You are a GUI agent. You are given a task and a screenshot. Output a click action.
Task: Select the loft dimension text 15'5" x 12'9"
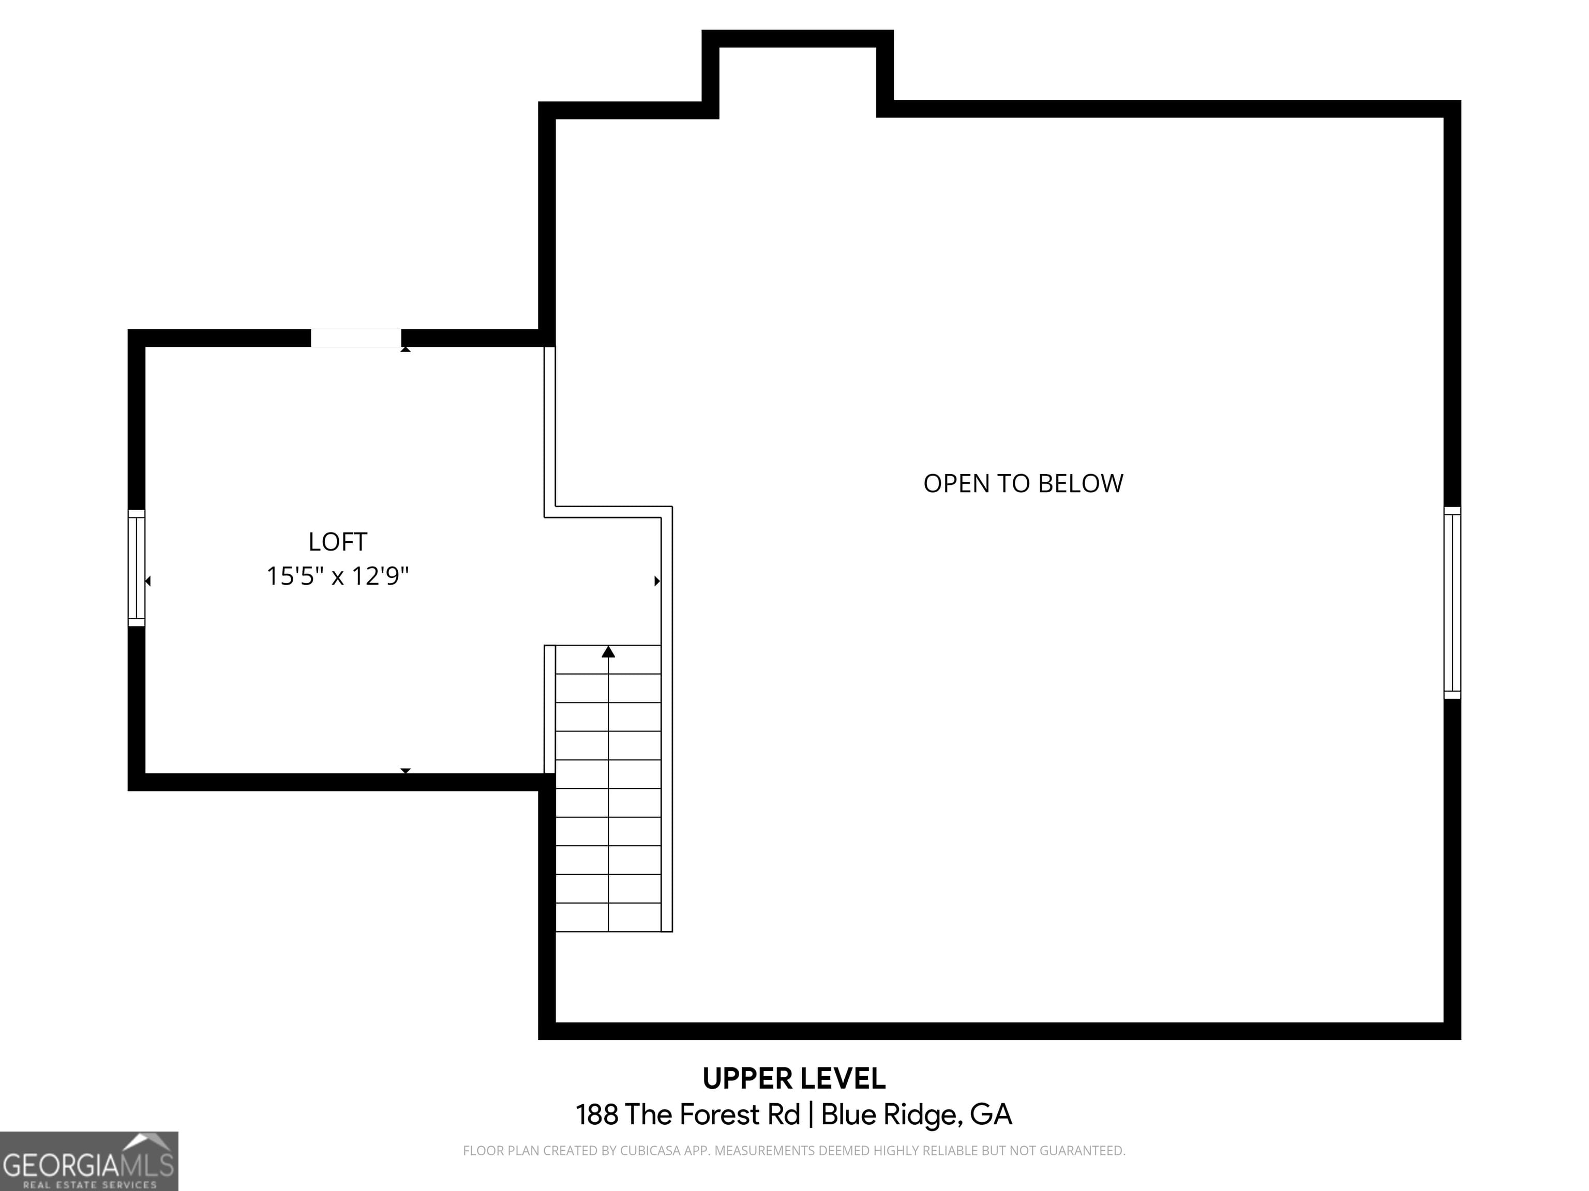(338, 576)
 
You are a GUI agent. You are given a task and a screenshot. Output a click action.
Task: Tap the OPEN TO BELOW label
(1023, 484)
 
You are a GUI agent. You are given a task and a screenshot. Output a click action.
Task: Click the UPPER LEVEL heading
(794, 1079)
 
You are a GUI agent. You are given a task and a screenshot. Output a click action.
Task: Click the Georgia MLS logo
(88, 1161)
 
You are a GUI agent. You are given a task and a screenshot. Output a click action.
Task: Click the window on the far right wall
(1452, 603)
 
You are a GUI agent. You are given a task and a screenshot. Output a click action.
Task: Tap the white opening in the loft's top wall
(355, 338)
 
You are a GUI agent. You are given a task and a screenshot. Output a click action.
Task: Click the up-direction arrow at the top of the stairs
(608, 652)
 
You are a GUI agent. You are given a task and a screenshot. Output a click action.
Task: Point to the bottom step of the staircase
(608, 918)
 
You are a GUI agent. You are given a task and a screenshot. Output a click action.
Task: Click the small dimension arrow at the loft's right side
(656, 581)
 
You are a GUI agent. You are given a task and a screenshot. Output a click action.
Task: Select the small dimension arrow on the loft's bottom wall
(405, 770)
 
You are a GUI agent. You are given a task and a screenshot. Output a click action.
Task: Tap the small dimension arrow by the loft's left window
(148, 581)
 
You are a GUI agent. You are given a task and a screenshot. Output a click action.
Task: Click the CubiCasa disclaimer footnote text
(794, 1151)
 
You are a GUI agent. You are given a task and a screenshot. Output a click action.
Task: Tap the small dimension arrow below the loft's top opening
(405, 349)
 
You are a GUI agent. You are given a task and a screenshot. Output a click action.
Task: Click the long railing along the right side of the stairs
(667, 754)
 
